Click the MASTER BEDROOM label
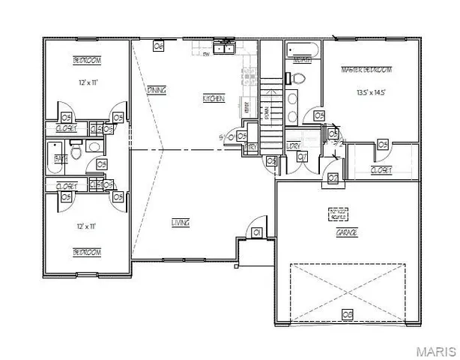(x=366, y=70)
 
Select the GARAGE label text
(x=346, y=233)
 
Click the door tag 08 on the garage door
(x=348, y=313)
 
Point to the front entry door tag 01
(x=256, y=233)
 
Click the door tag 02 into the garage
(x=333, y=178)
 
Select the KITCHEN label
(x=214, y=98)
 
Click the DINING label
(x=156, y=90)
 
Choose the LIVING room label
(x=180, y=223)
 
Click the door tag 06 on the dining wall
(x=158, y=46)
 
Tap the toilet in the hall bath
(x=75, y=154)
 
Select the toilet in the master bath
(x=297, y=78)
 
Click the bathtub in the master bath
(x=303, y=52)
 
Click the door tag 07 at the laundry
(x=302, y=157)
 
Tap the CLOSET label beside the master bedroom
(x=381, y=170)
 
